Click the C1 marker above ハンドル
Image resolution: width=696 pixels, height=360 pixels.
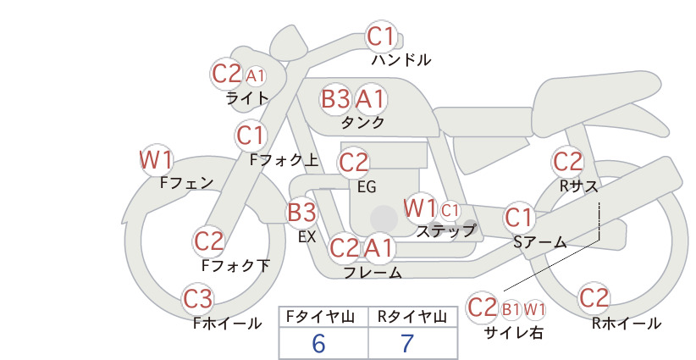(381, 36)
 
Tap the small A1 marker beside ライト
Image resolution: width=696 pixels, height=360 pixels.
(255, 76)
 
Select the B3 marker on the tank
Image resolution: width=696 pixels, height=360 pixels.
(335, 99)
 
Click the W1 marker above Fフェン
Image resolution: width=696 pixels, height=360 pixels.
(156, 160)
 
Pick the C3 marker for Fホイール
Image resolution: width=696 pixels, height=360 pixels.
(197, 299)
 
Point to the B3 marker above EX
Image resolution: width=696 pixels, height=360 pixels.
(301, 212)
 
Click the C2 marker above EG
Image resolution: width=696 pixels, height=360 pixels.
(353, 163)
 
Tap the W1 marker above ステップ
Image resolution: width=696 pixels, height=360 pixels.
(420, 208)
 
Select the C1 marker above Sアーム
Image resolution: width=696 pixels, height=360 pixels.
(518, 218)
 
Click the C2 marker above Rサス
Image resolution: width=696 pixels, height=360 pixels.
(567, 162)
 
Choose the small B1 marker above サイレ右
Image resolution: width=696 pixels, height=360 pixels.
(511, 309)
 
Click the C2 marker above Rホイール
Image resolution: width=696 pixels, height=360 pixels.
(594, 298)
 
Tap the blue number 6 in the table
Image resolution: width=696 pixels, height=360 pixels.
(318, 343)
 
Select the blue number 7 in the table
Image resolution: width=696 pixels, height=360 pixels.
(407, 343)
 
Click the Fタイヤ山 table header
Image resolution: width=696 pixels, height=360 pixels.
(320, 317)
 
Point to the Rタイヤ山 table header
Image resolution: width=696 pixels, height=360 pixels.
(412, 317)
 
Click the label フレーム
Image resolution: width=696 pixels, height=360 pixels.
(373, 273)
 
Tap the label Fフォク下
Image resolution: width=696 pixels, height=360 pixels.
(235, 265)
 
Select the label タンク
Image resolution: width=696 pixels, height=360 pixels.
(362, 122)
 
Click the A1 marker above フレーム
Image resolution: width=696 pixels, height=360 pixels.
(379, 247)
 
